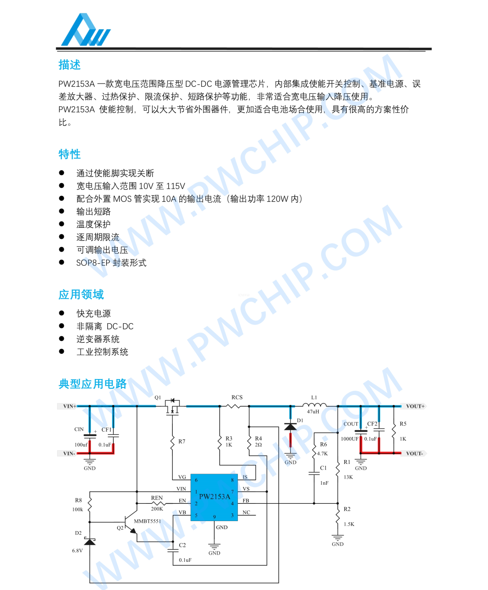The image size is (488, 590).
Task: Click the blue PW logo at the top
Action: coord(86,30)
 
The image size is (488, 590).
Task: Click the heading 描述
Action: coord(70,65)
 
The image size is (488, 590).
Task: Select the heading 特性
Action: coord(70,154)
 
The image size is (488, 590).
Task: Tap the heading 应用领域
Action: coord(81,295)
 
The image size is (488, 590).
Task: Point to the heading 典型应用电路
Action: coord(93,384)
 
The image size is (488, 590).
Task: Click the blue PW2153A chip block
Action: coord(214,497)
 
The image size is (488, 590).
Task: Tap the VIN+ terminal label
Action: coord(70,406)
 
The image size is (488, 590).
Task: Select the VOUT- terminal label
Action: coord(414,453)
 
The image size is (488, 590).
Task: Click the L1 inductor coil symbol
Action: coord(314,405)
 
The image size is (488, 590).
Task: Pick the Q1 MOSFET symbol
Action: coord(172,407)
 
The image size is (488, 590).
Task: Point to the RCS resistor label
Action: coord(237,397)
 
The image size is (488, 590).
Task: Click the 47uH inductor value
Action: coord(313,412)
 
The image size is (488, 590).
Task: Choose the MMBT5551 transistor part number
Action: coord(147,521)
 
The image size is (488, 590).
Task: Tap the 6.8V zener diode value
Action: coord(77,551)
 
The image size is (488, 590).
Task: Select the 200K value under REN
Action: coord(157,509)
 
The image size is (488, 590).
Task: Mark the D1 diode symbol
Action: coord(290,426)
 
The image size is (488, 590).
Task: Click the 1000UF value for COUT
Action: coord(350,439)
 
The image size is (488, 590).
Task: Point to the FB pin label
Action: coord(246,501)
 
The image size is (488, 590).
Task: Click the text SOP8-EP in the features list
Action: coord(93,263)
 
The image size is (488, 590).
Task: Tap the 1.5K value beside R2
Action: coord(349,524)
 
